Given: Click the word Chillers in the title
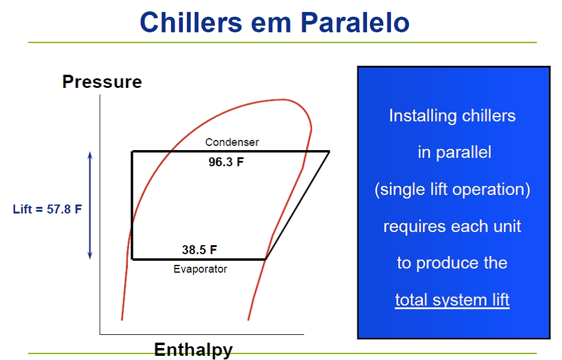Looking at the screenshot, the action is pos(191,22).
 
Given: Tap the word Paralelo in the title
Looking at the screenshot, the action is pos(355,22).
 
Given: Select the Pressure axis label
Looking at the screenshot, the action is pos(102,82).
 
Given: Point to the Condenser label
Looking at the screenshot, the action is pos(232,142).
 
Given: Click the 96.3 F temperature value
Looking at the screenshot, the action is pos(226,162).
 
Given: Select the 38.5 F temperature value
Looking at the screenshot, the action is pos(199,249).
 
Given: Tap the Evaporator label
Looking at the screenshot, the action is pos(200,269).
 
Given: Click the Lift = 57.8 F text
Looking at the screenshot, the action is pos(47,209).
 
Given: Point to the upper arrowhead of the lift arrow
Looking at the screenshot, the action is pos(90,154).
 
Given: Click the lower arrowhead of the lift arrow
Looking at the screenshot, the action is pos(90,256).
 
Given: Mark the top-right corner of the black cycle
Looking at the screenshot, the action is pos(329,152).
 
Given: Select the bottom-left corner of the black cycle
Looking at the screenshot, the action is pos(133,258).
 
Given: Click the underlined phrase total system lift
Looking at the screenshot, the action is pos(453,300).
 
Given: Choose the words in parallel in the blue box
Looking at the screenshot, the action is pos(454,152).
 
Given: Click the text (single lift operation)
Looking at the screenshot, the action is pos(453,190).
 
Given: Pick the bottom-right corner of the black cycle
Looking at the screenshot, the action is pos(265,258).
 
